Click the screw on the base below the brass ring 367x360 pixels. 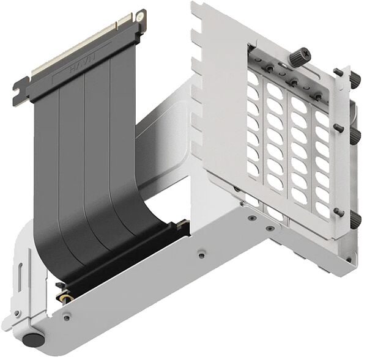65,316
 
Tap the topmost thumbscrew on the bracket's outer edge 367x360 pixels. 355,78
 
